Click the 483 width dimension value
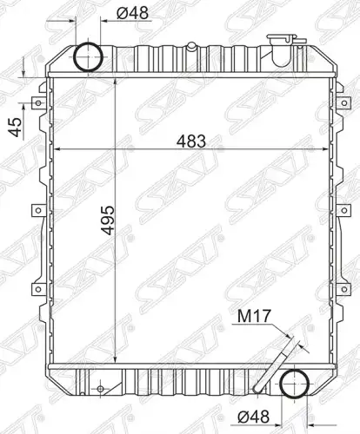(191, 141)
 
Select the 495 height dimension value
(108, 220)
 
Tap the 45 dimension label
(15, 127)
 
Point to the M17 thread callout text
(254, 316)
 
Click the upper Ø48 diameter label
(132, 13)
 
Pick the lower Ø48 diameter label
(253, 417)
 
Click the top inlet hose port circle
(75, 56)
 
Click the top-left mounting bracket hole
(38, 102)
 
